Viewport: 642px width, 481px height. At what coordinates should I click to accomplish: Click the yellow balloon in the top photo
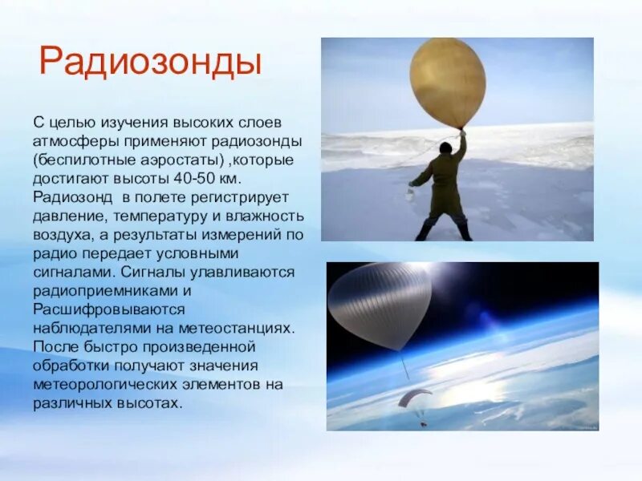[447, 82]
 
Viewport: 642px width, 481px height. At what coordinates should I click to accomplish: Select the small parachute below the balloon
[414, 396]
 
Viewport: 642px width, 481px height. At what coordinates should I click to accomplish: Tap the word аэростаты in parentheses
[187, 160]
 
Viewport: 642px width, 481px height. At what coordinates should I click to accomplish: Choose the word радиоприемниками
[100, 289]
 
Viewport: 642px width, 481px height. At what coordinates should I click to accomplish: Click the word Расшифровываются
[109, 309]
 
